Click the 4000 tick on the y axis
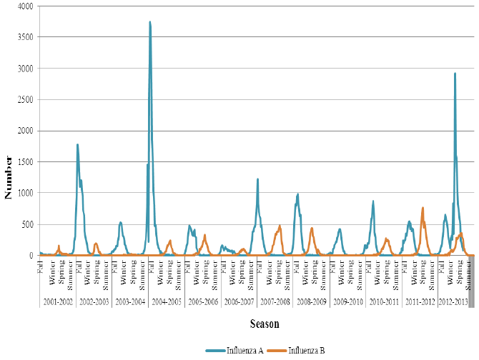coord(24,6)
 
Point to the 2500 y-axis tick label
coord(24,99)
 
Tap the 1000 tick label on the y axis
coord(24,193)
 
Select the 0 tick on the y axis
coord(31,255)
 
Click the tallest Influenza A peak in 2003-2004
coord(150,21)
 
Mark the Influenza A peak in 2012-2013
coord(455,72)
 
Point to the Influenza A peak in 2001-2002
coord(77,144)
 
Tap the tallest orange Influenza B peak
coord(423,208)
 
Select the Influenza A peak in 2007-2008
coord(257,179)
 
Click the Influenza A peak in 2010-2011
coord(373,201)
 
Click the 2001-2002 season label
coord(57,303)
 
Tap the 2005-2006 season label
coord(204,303)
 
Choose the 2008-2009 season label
coord(312,303)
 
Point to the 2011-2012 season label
coord(420,303)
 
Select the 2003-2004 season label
coord(130,303)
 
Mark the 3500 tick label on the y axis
coord(24,37)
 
